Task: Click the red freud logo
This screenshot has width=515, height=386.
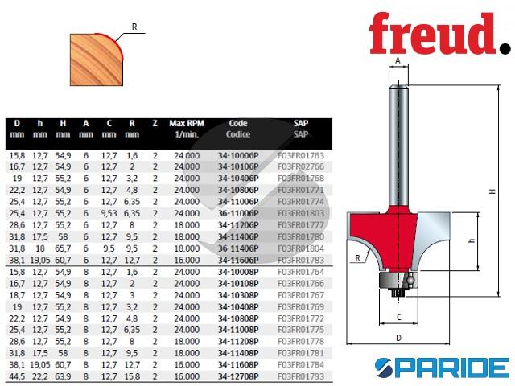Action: [439, 34]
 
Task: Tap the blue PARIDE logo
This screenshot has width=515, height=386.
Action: [442, 368]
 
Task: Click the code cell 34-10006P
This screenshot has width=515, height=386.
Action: [238, 155]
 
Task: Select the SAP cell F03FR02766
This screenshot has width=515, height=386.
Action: [301, 166]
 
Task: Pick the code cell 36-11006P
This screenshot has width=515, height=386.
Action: [238, 213]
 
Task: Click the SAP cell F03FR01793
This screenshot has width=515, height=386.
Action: [301, 376]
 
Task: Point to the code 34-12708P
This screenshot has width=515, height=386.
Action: [238, 376]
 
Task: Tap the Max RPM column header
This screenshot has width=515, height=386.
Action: [187, 129]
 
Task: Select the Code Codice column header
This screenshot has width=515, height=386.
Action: [238, 129]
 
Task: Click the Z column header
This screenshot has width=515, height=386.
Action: [155, 124]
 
